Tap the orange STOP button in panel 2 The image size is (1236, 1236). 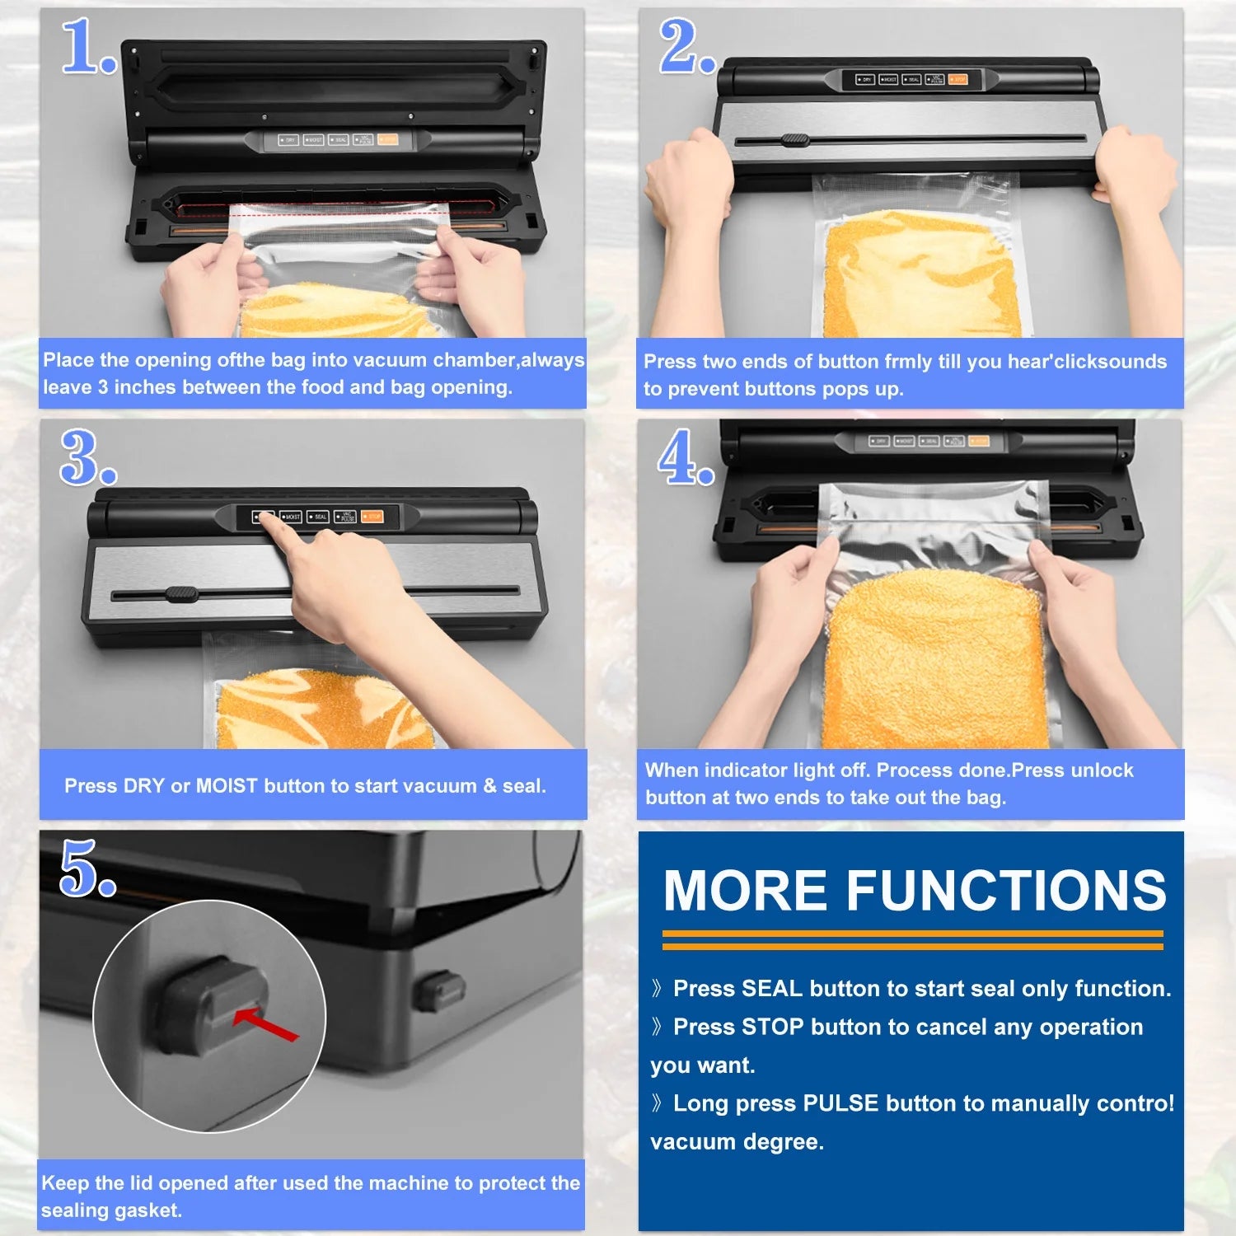click(x=957, y=80)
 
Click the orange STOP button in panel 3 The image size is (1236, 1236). click(x=372, y=517)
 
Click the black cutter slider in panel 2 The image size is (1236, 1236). click(x=796, y=140)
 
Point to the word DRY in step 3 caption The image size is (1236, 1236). click(x=143, y=786)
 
